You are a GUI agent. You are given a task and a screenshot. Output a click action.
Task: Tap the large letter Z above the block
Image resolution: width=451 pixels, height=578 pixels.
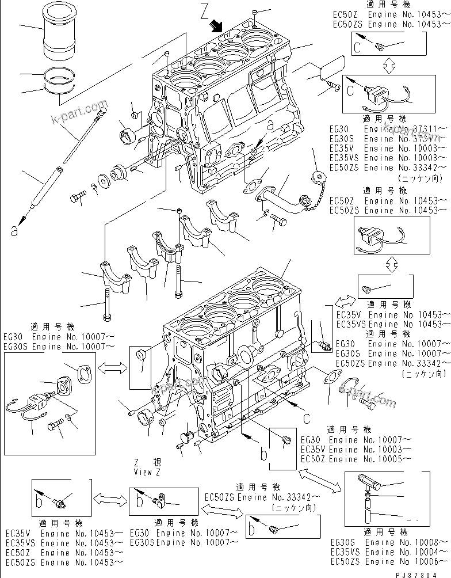click(x=205, y=10)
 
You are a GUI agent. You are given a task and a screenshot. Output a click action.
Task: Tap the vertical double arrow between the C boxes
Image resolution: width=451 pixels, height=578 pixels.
click(x=388, y=66)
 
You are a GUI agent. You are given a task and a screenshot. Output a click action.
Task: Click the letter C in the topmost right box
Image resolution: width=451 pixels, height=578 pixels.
click(x=357, y=48)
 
